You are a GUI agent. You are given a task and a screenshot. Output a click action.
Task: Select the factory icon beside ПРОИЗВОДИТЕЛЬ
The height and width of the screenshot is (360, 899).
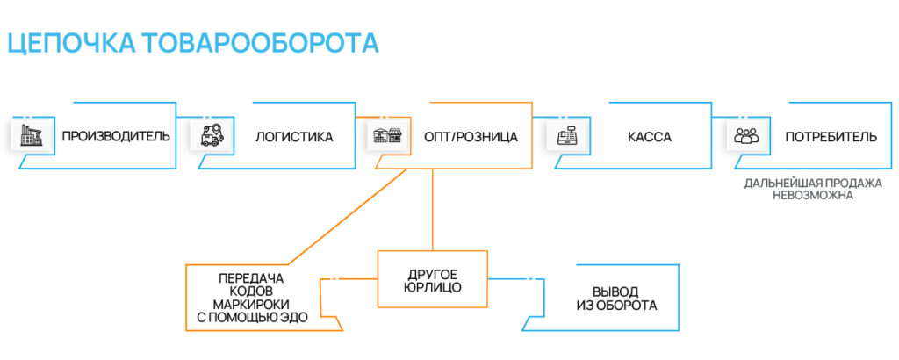[32, 136]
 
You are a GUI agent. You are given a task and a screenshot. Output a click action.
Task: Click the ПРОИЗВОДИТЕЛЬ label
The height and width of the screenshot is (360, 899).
[115, 137]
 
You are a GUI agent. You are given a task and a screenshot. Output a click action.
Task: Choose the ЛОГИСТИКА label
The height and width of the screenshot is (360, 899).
[294, 137]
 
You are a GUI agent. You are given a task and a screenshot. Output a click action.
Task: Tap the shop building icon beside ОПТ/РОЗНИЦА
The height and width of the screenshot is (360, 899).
[386, 137]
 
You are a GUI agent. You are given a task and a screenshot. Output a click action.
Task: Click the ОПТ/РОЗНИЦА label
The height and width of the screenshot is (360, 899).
[471, 137]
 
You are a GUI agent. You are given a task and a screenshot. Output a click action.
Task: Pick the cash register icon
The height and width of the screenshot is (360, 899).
[566, 137]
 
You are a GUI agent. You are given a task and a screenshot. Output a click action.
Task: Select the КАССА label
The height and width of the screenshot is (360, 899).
[650, 137]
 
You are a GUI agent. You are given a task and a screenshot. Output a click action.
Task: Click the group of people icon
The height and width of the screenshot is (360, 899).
[745, 137]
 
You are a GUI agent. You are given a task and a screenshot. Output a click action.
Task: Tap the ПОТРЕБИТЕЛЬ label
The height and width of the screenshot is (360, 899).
[831, 137]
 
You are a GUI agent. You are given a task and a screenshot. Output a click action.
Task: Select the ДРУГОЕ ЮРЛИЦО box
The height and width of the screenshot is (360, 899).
[432, 279]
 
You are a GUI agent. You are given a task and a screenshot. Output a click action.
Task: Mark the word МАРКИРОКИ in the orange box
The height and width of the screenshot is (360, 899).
[252, 304]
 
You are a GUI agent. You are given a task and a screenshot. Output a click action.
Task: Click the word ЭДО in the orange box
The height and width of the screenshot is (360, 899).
[294, 317]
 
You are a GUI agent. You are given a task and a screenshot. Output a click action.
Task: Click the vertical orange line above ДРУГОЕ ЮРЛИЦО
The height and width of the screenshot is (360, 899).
[432, 211]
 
